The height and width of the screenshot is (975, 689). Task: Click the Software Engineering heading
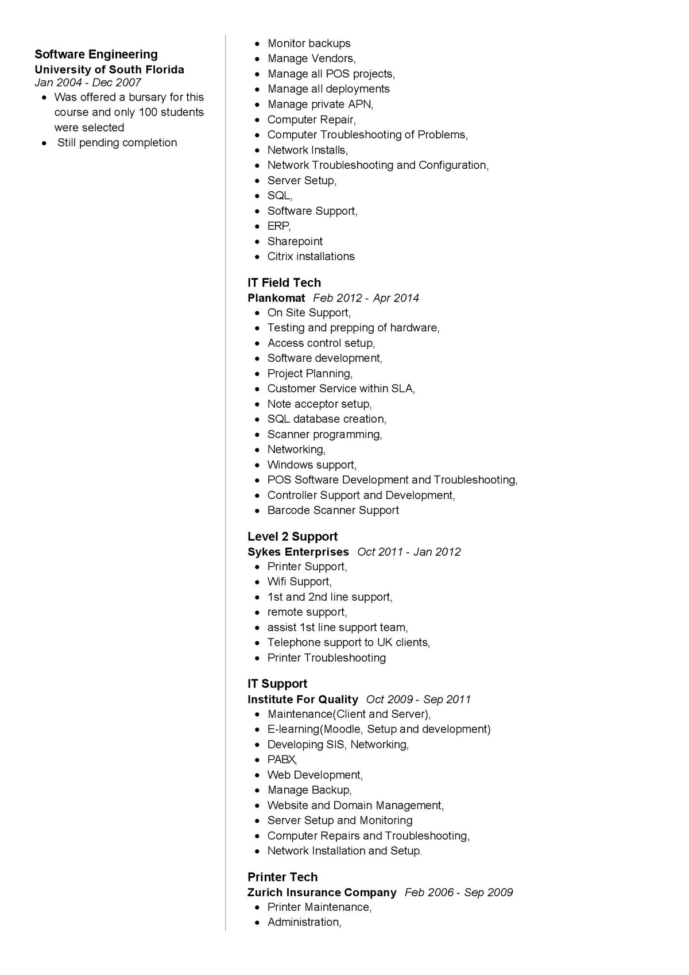96,55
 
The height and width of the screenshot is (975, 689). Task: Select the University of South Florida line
109,70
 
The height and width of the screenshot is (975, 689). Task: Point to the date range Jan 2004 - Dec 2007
88,82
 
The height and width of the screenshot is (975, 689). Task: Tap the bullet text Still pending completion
117,142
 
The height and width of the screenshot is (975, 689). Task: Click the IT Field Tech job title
284,283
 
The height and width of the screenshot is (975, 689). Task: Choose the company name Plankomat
276,298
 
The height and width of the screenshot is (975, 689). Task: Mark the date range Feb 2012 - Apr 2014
366,298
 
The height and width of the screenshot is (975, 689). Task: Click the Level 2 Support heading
292,536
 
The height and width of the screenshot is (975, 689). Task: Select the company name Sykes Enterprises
298,552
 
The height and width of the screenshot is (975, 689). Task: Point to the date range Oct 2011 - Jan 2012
409,552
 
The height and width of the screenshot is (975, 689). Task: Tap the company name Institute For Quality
303,699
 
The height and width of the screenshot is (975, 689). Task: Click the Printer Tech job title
282,877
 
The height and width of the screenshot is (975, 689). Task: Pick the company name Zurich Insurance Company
322,892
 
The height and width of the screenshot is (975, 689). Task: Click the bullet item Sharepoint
295,241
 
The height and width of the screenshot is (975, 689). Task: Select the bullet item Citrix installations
311,257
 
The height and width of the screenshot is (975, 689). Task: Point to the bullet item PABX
282,760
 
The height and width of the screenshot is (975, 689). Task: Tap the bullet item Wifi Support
299,582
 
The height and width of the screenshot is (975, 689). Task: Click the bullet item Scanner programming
324,434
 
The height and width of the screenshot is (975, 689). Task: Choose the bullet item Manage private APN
320,104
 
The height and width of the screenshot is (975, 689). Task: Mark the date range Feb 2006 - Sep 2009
459,892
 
